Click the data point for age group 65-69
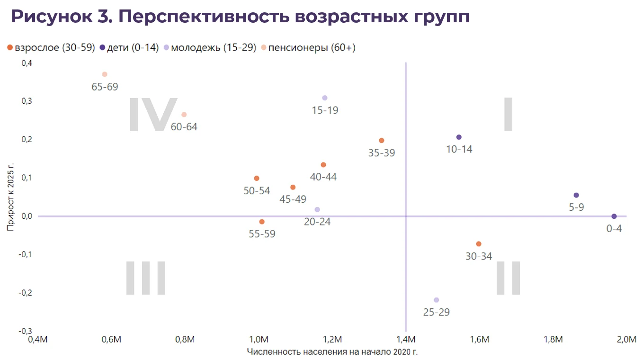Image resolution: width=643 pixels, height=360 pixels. coord(105,74)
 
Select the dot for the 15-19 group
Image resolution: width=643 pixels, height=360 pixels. coord(325,98)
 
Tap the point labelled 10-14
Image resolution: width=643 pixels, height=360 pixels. coord(459,137)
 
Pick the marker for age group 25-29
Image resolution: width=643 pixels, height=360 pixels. coord(437,300)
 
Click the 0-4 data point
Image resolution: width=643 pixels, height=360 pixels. coord(614,216)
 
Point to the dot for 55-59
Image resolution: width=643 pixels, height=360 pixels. coord(262,222)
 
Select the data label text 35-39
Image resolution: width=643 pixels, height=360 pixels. coord(382,153)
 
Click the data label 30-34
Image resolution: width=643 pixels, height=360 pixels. coord(479,256)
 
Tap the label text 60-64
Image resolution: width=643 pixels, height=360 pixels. coord(184,127)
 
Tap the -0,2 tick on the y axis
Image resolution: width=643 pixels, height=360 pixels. coord(26,293)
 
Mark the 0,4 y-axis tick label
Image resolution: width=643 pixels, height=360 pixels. coord(27,63)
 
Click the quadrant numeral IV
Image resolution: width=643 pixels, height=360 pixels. coord(152,115)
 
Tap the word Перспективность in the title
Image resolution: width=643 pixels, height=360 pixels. coord(201,17)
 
